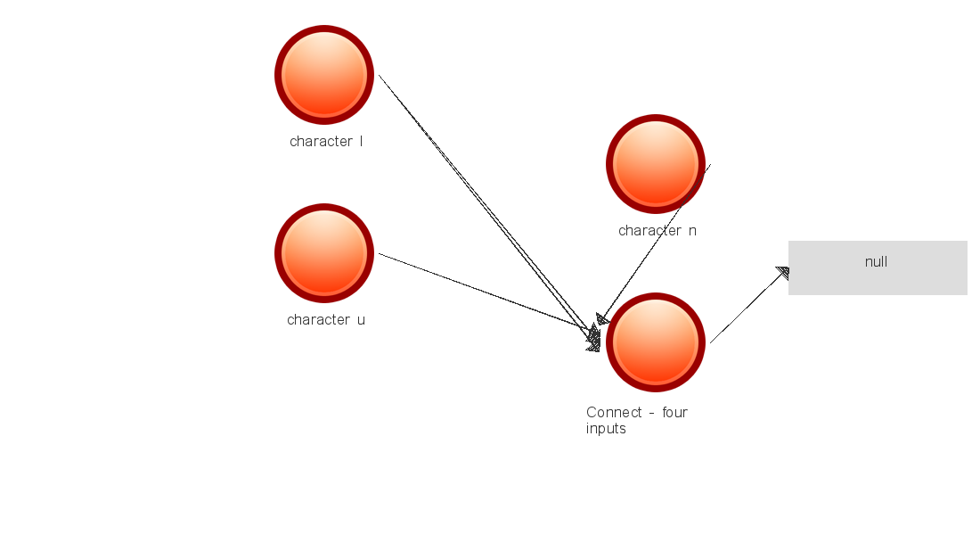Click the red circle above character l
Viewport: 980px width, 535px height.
click(x=324, y=75)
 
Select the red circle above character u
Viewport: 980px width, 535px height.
click(x=324, y=253)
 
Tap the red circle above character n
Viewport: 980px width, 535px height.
click(x=656, y=164)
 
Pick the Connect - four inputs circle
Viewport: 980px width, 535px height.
click(x=656, y=342)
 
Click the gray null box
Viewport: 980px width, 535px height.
click(x=878, y=267)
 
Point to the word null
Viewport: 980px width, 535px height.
click(x=876, y=262)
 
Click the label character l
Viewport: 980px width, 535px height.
click(x=326, y=141)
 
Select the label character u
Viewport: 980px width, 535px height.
click(x=326, y=319)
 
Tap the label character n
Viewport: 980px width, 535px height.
click(x=657, y=230)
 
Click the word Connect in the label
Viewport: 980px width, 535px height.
click(x=614, y=412)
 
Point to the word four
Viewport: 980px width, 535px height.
click(x=674, y=412)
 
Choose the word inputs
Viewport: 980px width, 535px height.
click(x=606, y=429)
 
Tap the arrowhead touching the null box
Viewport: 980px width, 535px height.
click(x=783, y=273)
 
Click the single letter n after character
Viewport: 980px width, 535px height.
click(x=692, y=230)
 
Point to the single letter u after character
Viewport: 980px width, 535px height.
click(x=361, y=319)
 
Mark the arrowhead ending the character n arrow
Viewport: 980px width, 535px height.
click(x=603, y=319)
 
